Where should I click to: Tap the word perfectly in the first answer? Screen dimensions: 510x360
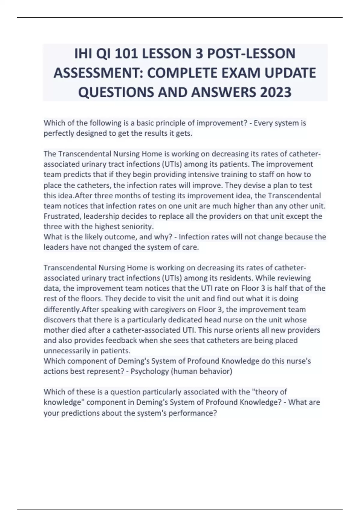click(x=59, y=133)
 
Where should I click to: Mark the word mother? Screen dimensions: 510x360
click(x=54, y=330)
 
